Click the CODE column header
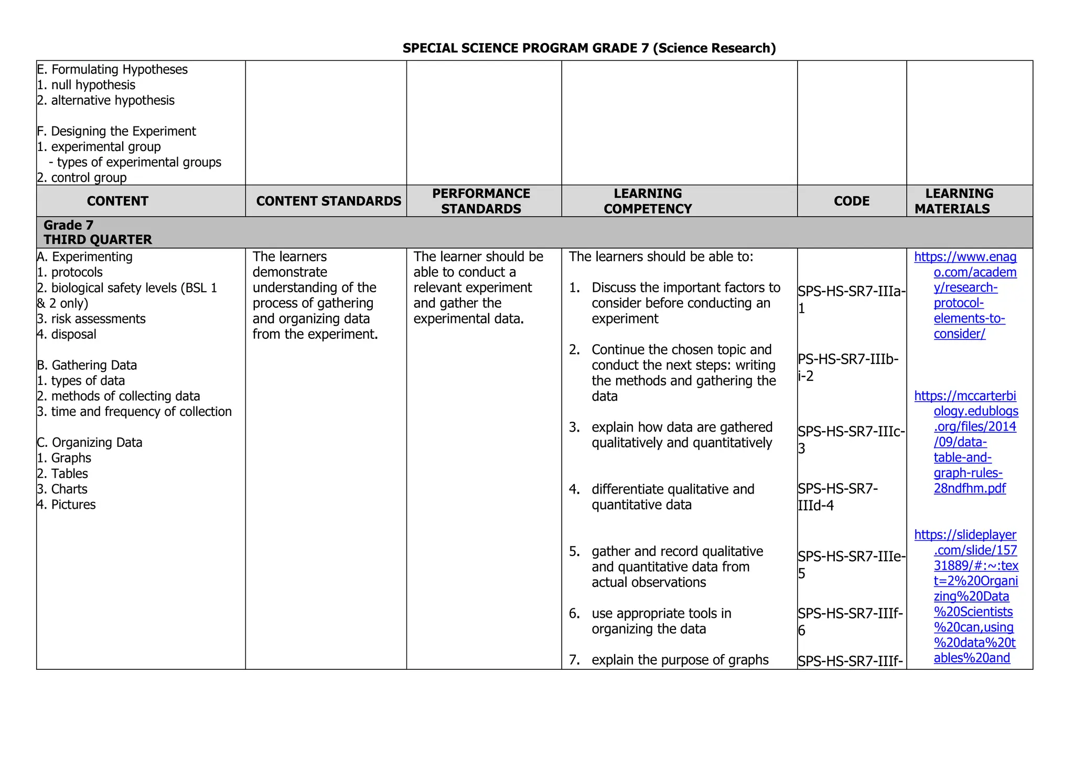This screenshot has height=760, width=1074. tap(851, 201)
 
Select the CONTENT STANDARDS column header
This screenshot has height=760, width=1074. tap(328, 201)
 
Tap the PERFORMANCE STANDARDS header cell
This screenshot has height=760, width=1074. tap(481, 201)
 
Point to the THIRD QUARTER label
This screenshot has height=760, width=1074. tap(98, 240)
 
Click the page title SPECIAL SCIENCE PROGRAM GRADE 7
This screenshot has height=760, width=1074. tap(588, 48)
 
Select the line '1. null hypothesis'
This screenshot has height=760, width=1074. tap(87, 85)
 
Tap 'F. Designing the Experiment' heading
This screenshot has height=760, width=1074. tap(116, 131)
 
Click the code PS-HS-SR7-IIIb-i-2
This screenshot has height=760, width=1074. tap(847, 367)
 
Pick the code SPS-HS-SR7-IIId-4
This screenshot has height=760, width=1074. tap(837, 497)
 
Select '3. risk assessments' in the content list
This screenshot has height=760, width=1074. tap(92, 319)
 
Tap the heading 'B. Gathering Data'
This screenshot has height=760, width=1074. tap(87, 365)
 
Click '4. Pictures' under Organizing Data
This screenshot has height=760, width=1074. tap(67, 505)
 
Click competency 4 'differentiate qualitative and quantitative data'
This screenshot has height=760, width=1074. tap(672, 497)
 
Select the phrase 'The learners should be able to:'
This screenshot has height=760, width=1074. tap(661, 256)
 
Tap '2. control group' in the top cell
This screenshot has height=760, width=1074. tap(82, 178)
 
